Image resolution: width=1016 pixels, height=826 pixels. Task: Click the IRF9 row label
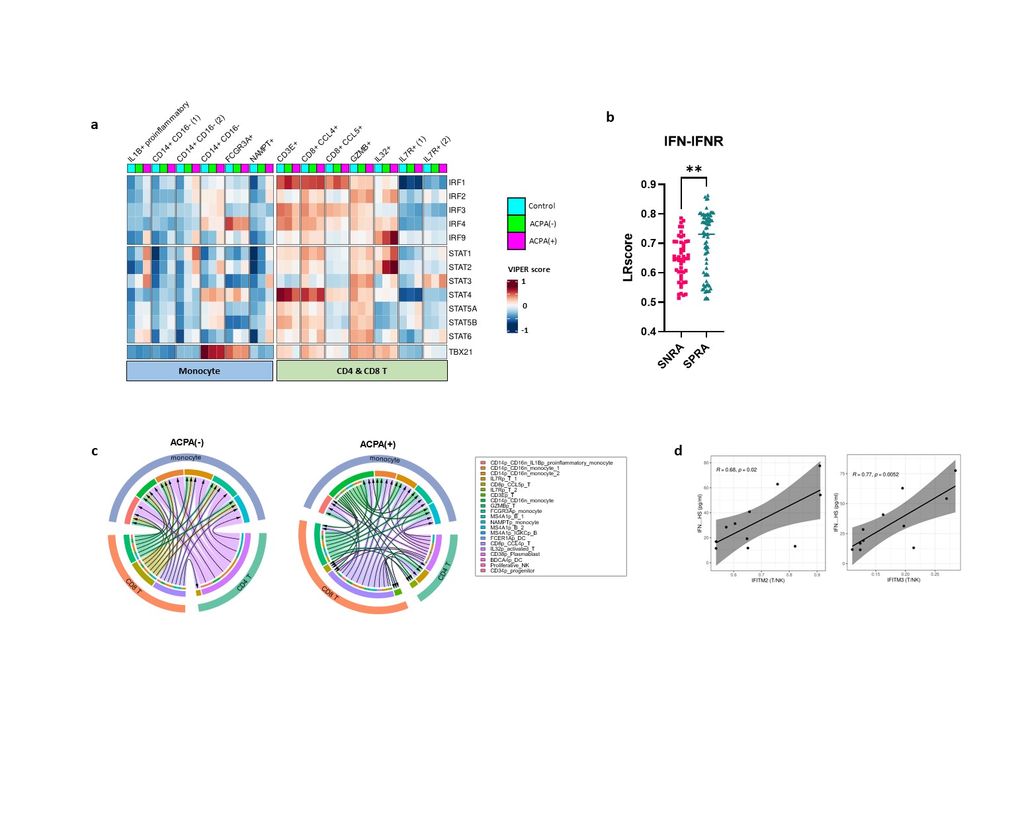457,238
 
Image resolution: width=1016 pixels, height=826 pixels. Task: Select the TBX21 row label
460,352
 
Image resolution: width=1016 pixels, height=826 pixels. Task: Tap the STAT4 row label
460,295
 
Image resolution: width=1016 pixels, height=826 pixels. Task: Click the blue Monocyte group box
199,371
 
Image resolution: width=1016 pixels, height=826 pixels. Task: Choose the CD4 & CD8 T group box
362,371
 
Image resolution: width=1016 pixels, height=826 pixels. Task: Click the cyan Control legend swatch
516,206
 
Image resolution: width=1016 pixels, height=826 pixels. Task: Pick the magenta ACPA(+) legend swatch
516,241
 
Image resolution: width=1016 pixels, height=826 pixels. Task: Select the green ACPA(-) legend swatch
516,224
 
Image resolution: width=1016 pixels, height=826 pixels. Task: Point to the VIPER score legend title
529,269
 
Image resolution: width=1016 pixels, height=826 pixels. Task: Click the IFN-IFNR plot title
693,141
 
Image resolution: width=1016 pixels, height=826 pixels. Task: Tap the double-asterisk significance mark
694,169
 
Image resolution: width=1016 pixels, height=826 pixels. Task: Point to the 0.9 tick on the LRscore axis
648,185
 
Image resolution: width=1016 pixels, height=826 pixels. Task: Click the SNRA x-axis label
671,356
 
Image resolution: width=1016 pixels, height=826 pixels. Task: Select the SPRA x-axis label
697,356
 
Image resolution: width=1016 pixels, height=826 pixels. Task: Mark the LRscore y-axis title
628,257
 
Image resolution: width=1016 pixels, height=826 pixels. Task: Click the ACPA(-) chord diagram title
187,442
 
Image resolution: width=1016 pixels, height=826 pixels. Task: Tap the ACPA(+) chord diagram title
378,444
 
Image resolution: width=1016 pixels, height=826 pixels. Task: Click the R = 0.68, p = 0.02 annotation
736,469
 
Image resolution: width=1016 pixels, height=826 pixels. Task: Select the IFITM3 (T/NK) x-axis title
904,580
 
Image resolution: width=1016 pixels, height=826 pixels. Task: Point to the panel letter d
678,451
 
